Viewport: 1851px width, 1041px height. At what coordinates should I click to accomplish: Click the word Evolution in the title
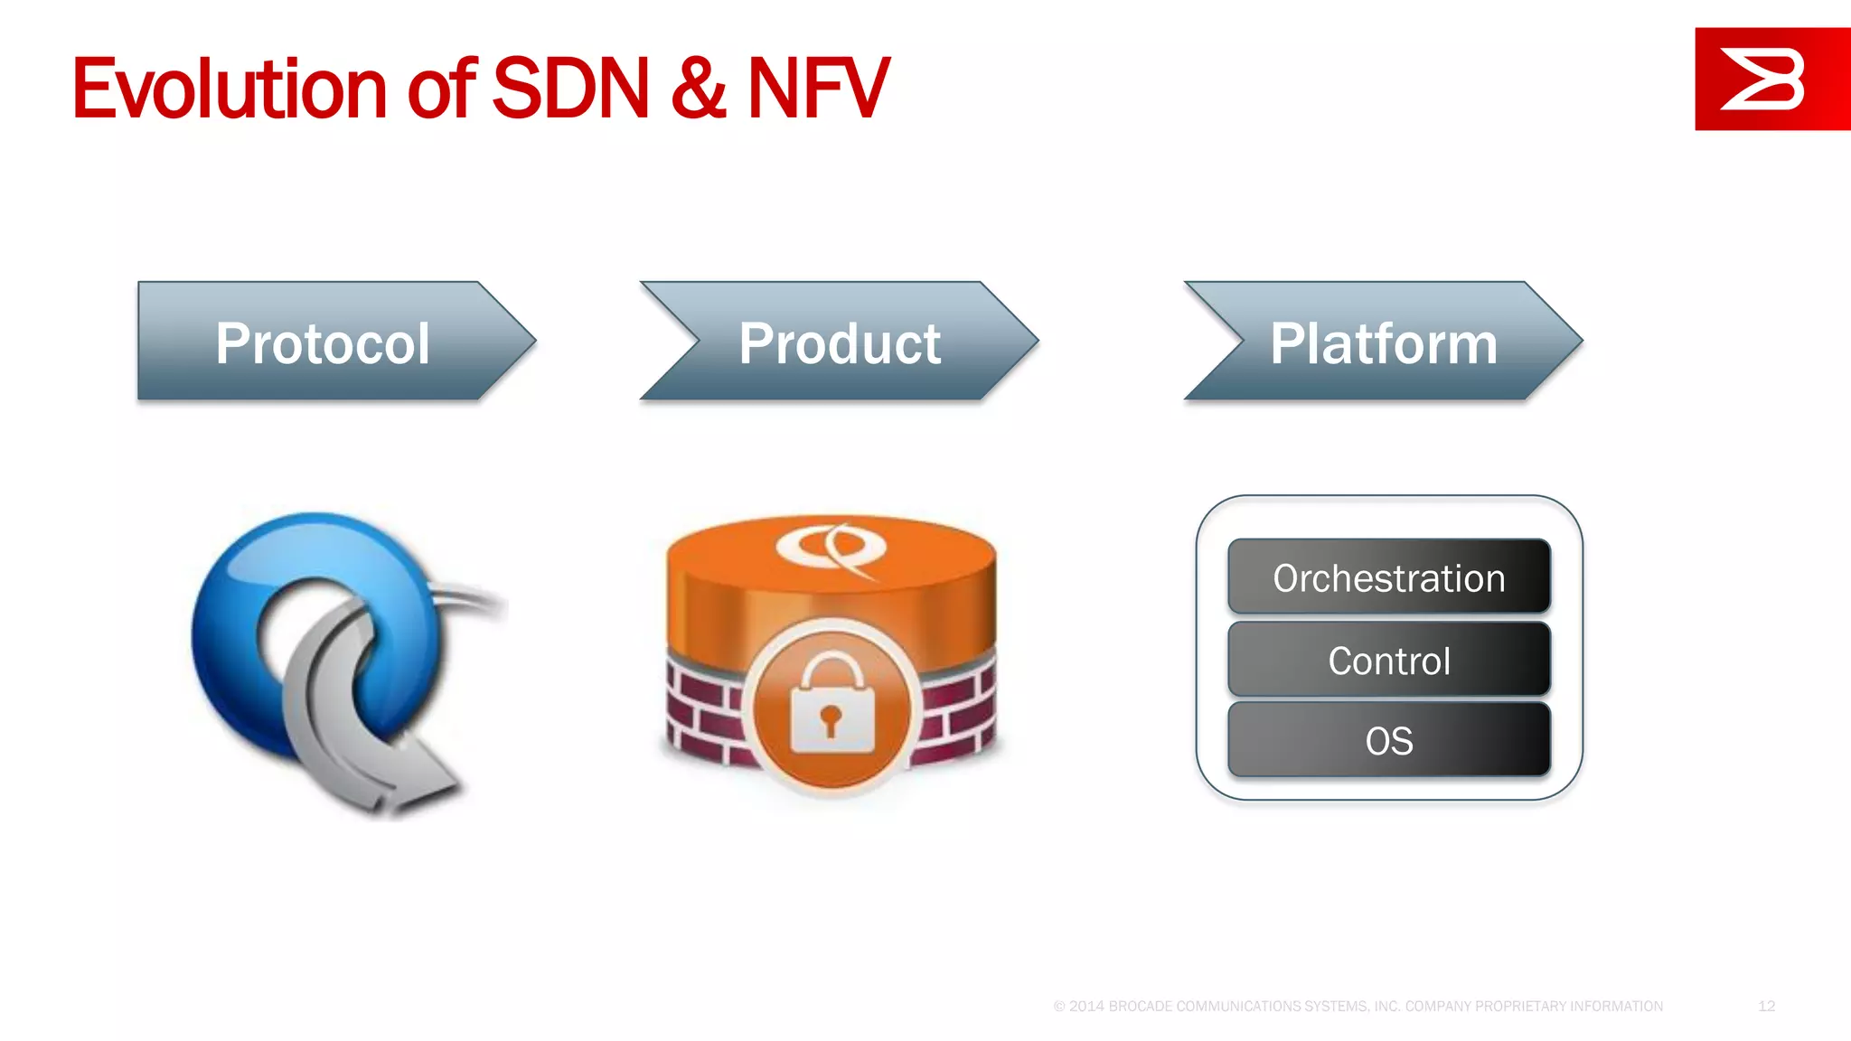230,89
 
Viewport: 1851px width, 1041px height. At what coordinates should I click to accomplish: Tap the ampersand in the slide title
698,89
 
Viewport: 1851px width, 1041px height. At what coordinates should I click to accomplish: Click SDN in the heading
570,89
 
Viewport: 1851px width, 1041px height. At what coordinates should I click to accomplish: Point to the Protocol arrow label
323,343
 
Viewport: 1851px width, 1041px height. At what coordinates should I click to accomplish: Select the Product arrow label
840,343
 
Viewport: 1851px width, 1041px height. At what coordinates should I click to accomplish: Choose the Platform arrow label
1383,343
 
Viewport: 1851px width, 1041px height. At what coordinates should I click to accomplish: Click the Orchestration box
1388,577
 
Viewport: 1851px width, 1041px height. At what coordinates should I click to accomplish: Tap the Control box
1388,661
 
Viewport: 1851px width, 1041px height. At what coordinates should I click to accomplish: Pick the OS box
1388,741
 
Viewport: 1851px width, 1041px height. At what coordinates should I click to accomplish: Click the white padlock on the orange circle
832,705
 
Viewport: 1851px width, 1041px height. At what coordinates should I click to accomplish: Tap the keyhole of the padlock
832,720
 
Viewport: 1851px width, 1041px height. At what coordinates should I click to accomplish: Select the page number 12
1766,1006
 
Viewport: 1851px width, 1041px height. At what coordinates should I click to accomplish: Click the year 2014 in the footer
1087,1006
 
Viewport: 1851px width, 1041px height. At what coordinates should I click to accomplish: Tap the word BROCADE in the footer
1141,1006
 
